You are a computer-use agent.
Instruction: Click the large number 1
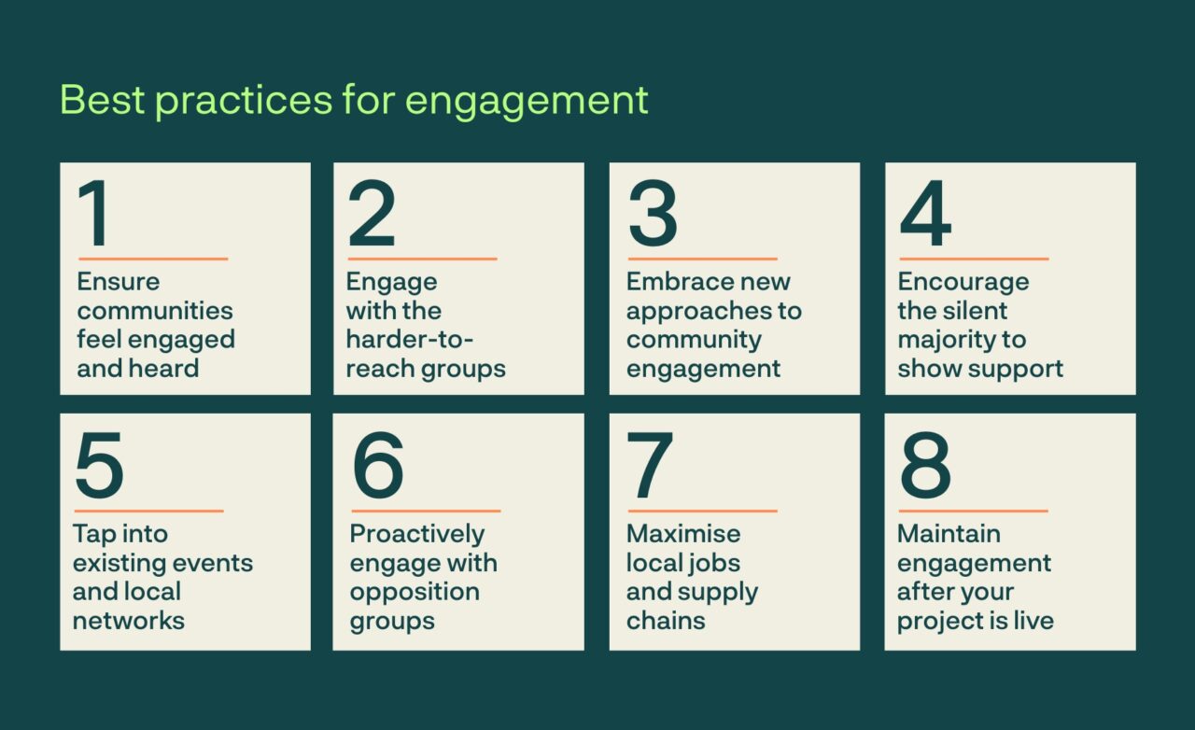point(96,215)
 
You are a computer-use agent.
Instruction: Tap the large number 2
point(372,215)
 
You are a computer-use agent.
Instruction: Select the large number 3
point(652,215)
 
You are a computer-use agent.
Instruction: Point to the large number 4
point(925,215)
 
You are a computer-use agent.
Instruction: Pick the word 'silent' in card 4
point(975,311)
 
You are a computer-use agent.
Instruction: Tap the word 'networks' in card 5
point(129,621)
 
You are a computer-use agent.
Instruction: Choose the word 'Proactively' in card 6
point(417,534)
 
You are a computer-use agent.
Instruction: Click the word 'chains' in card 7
point(666,621)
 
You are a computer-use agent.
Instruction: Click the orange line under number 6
point(426,511)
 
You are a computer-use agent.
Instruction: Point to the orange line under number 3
point(702,259)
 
